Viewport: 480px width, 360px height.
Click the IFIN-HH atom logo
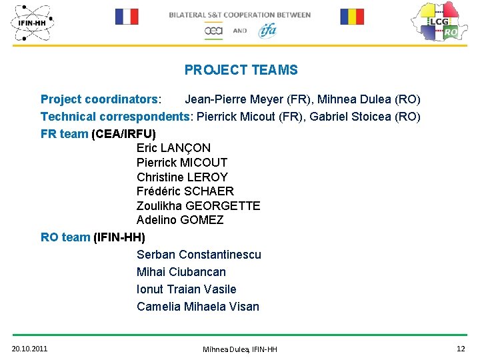point(32,23)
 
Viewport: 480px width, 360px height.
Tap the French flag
point(127,17)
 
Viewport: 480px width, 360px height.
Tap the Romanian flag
point(352,17)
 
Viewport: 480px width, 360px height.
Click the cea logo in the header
point(214,31)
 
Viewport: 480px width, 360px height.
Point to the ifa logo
point(267,30)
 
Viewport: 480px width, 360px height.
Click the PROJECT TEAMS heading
point(241,70)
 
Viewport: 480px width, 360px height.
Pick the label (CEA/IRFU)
point(123,134)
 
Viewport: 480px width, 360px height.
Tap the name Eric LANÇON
point(173,148)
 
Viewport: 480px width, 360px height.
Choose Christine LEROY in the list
point(182,177)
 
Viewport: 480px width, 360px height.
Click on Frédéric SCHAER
point(185,191)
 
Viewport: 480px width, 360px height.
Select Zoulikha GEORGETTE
point(198,206)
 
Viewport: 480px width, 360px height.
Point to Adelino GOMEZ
point(180,220)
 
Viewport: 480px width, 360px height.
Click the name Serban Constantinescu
point(199,255)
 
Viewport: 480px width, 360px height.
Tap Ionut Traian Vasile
point(186,289)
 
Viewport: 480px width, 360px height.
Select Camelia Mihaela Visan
point(198,307)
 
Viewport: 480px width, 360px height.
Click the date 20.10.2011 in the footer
point(29,349)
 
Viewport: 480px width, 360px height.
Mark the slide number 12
point(461,349)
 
